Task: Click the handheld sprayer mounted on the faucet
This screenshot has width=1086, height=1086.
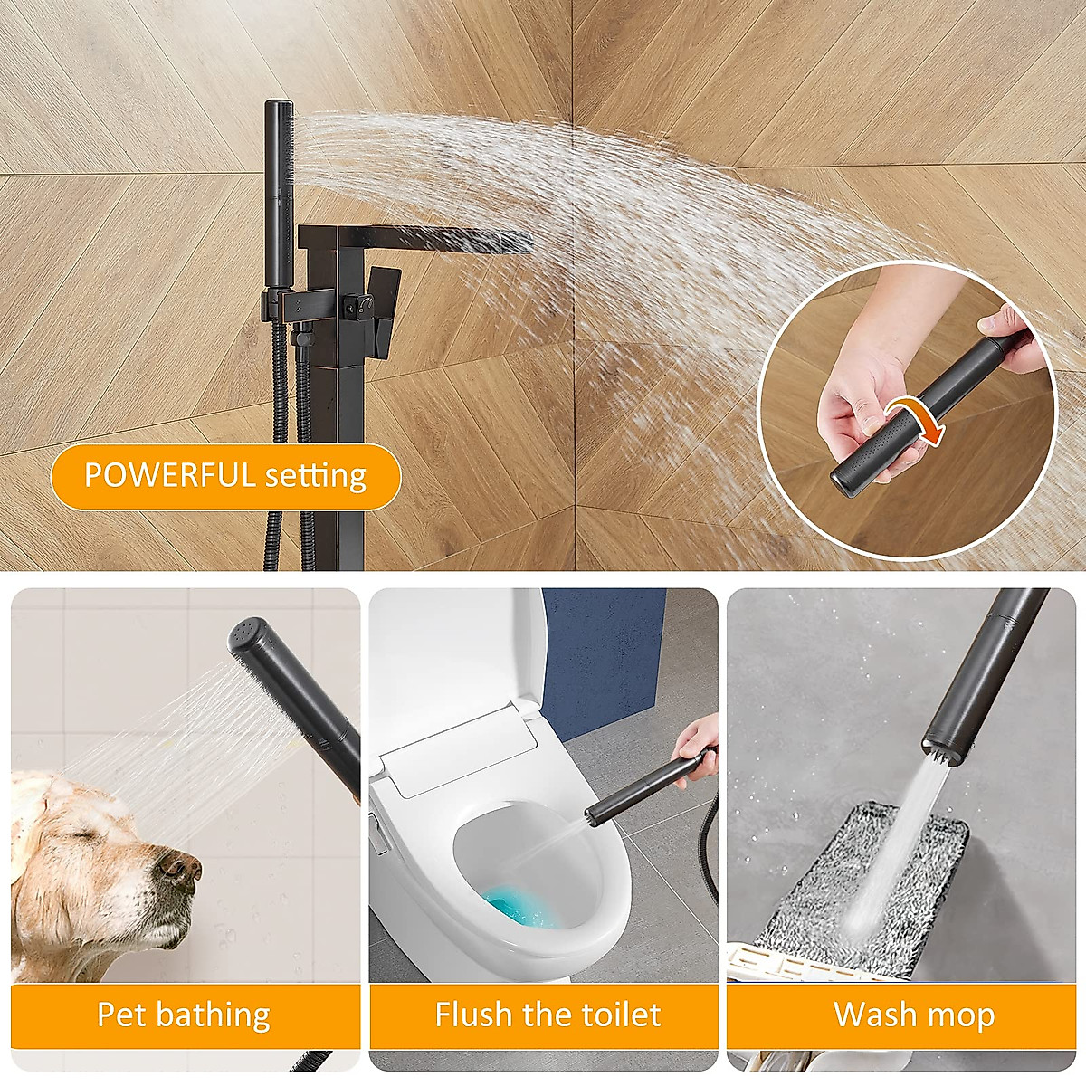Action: click(x=280, y=190)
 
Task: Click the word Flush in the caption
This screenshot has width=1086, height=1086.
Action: click(x=474, y=1015)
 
